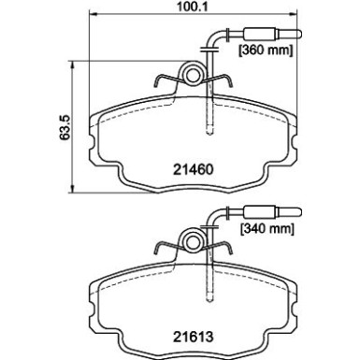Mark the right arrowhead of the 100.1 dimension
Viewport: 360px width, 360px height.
coord(294,19)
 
